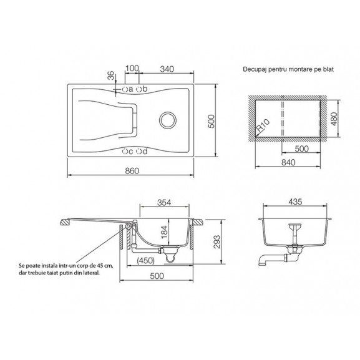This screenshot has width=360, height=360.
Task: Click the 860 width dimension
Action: pos(132,171)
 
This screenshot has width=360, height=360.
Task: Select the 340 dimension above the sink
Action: pos(167,69)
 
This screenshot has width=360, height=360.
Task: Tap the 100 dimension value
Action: pos(132,68)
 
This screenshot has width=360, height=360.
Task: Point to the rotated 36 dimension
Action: pos(111,75)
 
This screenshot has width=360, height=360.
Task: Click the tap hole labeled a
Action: pos(125,89)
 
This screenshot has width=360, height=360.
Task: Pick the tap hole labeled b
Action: pos(139,89)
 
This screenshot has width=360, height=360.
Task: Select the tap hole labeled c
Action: pos(125,152)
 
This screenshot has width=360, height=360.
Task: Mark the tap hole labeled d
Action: pos(139,152)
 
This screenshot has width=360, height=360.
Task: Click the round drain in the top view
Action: pos(168,120)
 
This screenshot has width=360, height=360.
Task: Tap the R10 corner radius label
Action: pos(263,125)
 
